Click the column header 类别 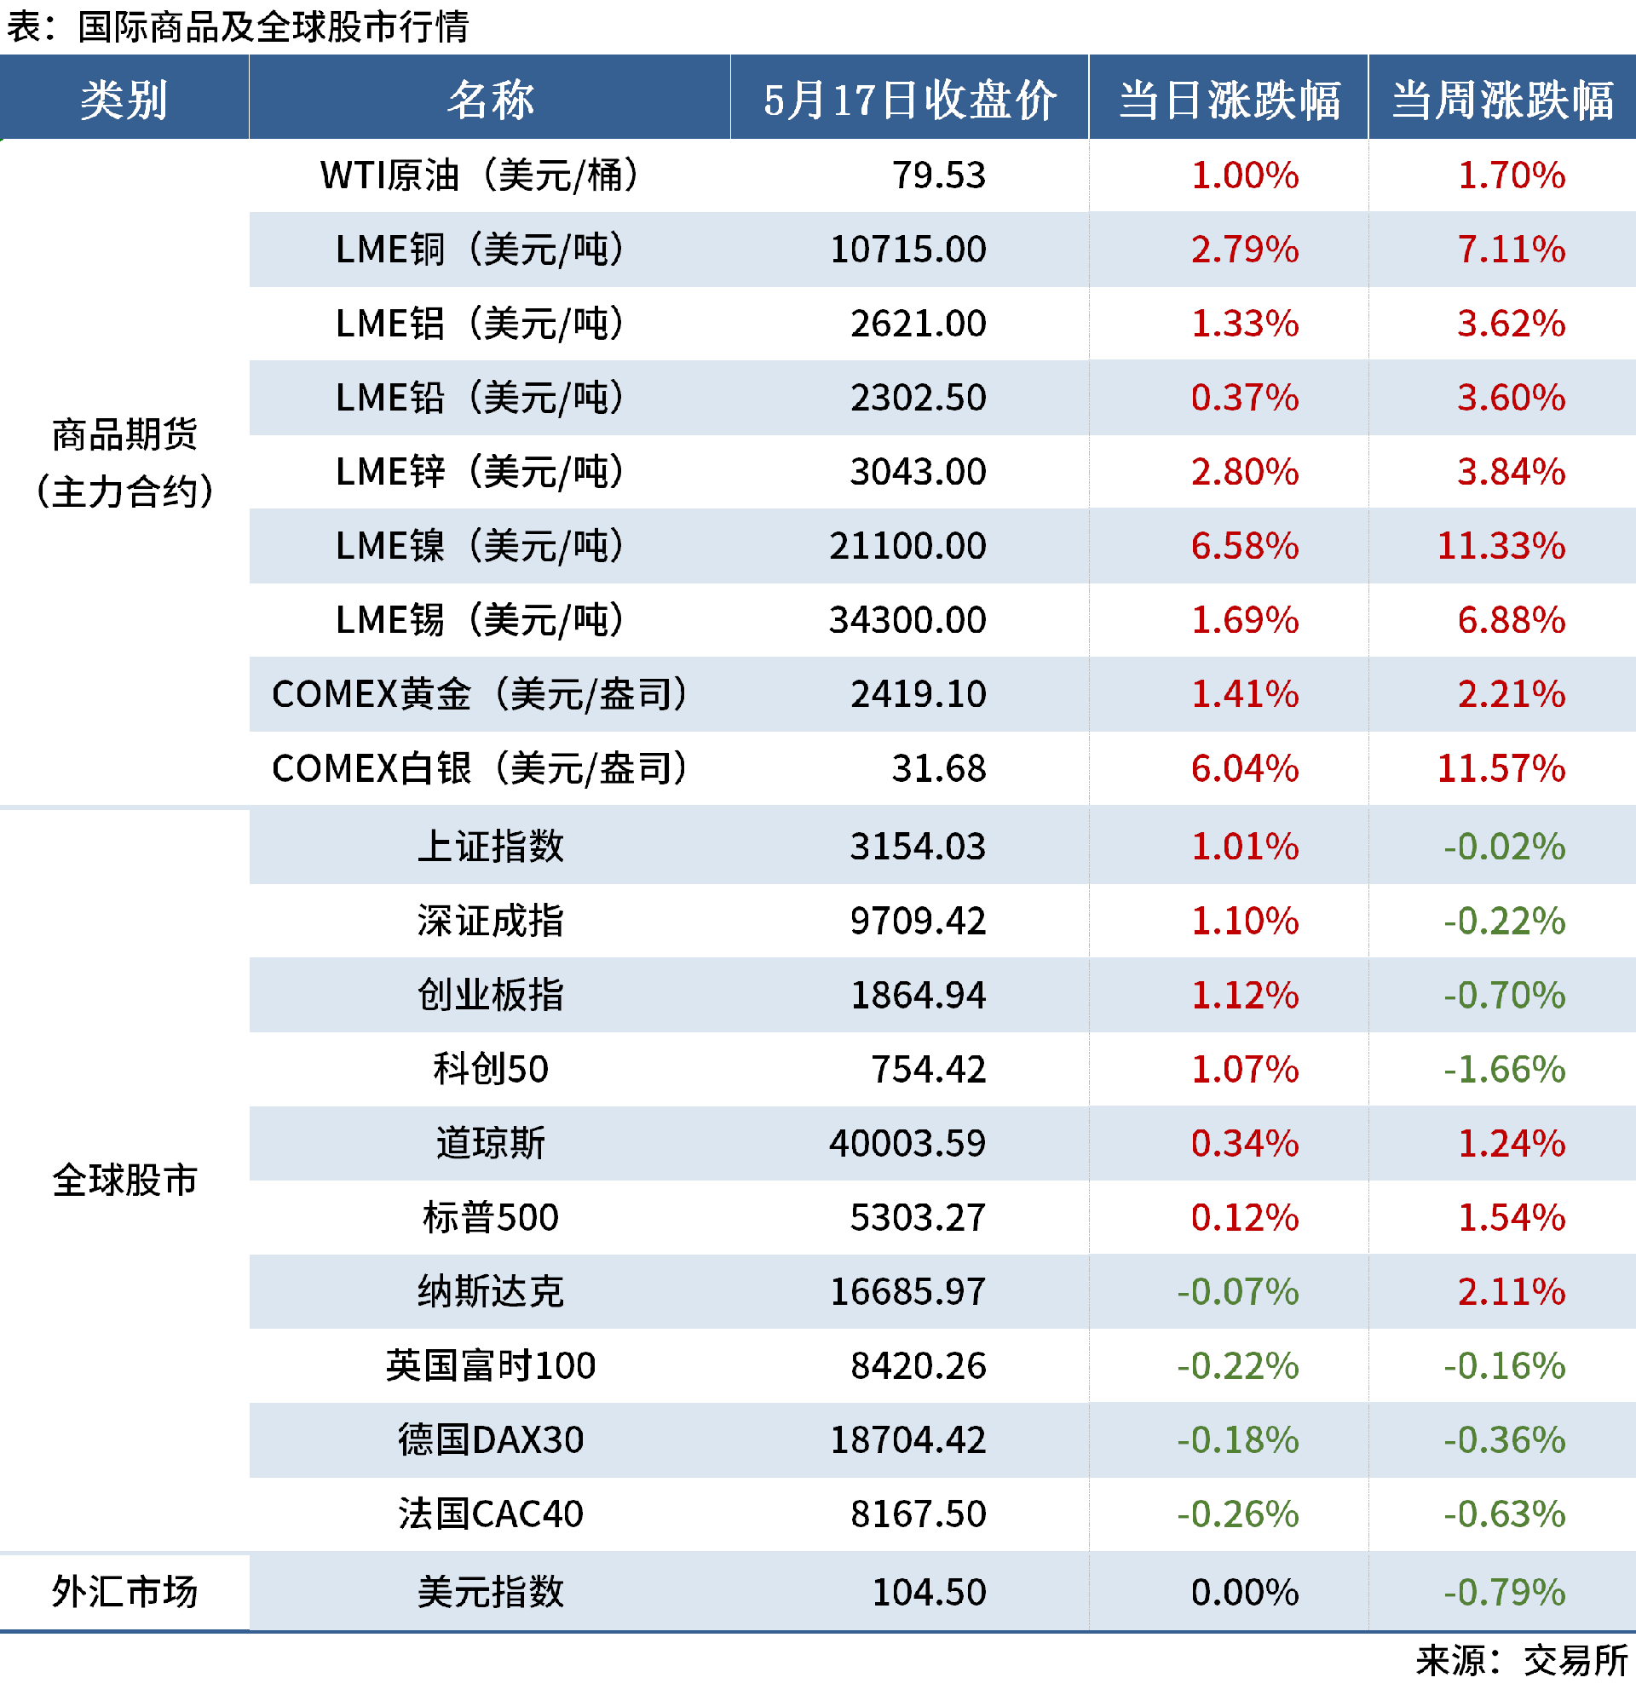pyautogui.click(x=124, y=99)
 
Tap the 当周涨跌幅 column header pyautogui.click(x=1501, y=99)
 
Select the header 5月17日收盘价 pyautogui.click(x=909, y=99)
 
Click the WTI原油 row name pyautogui.click(x=479, y=175)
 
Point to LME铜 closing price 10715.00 pyautogui.click(x=907, y=250)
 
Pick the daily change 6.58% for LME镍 pyautogui.click(x=1244, y=546)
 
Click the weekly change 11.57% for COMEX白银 pyautogui.click(x=1501, y=768)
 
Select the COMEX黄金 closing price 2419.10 pyautogui.click(x=918, y=694)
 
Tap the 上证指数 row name pyautogui.click(x=491, y=847)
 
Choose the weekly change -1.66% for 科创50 pyautogui.click(x=1504, y=1070)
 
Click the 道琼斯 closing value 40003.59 pyautogui.click(x=907, y=1144)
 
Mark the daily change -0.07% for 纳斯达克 pyautogui.click(x=1238, y=1292)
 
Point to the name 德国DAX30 pyautogui.click(x=491, y=1440)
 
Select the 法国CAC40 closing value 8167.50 pyautogui.click(x=918, y=1514)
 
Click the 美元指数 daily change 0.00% pyautogui.click(x=1244, y=1592)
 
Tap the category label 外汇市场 pyautogui.click(x=124, y=1592)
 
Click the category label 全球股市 pyautogui.click(x=124, y=1181)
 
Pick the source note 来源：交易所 pyautogui.click(x=1521, y=1661)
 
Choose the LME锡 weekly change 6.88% pyautogui.click(x=1511, y=620)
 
